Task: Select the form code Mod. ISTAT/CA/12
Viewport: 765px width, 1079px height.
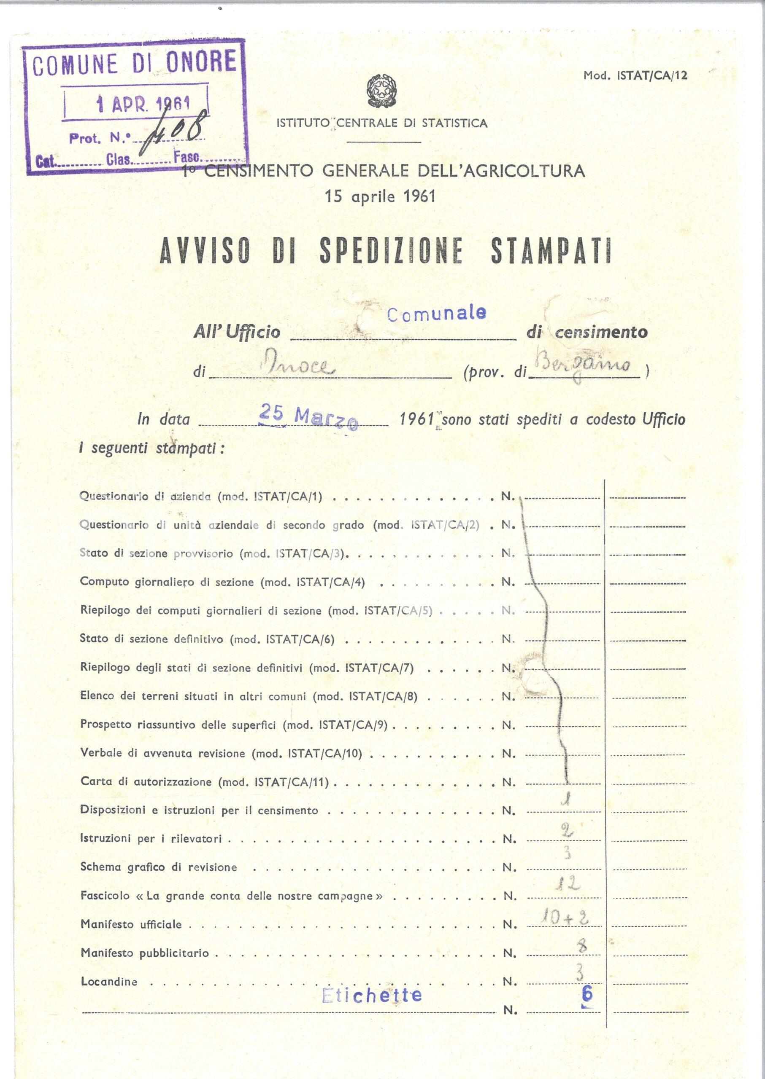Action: coord(635,76)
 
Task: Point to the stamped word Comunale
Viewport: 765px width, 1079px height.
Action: coord(436,314)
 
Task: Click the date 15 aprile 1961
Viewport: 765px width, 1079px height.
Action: coord(380,196)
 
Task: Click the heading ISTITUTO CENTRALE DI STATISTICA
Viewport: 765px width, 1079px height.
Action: coord(381,124)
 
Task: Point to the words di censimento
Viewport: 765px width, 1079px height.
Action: coord(587,332)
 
